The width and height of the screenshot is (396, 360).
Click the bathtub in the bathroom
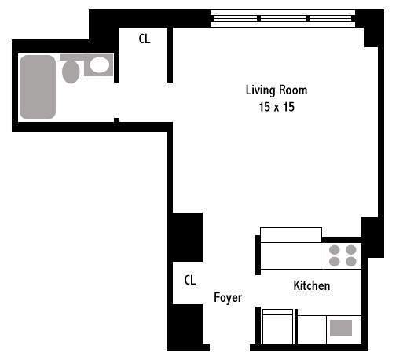pyautogui.click(x=38, y=86)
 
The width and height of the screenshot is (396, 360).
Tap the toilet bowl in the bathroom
pyautogui.click(x=71, y=72)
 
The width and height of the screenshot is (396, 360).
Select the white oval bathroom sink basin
pyautogui.click(x=98, y=65)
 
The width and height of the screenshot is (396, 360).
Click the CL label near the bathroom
pyautogui.click(x=145, y=39)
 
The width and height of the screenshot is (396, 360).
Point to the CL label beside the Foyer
pyautogui.click(x=189, y=280)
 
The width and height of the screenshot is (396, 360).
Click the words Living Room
pyautogui.click(x=276, y=90)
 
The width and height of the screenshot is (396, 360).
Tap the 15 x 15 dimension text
pyautogui.click(x=276, y=106)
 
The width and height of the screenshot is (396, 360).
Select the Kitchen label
pyautogui.click(x=311, y=286)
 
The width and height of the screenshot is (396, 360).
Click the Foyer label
pyautogui.click(x=228, y=298)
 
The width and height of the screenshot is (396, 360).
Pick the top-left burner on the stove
pyautogui.click(x=334, y=250)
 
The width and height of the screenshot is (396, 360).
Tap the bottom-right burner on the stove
pyautogui.click(x=350, y=262)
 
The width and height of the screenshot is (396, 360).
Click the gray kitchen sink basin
pyautogui.click(x=341, y=328)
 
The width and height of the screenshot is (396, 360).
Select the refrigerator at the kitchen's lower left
pyautogui.click(x=277, y=328)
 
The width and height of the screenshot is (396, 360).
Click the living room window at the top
pyautogui.click(x=283, y=18)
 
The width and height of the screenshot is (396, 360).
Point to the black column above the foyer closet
pyautogui.click(x=187, y=237)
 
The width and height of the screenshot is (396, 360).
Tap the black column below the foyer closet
pyautogui.click(x=187, y=325)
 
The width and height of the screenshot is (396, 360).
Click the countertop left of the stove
pyautogui.click(x=291, y=255)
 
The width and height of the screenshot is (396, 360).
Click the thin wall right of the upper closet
pyautogui.click(x=170, y=55)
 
